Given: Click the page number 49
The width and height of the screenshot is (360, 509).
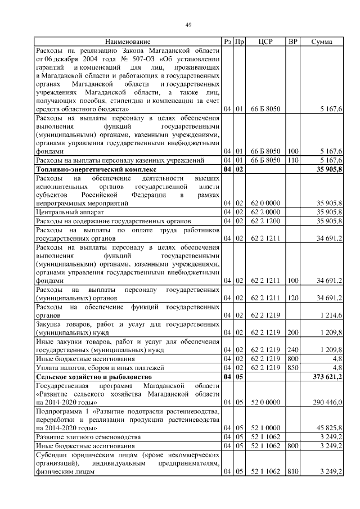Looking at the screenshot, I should click(x=188, y=24).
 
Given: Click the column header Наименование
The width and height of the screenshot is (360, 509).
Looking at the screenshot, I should click(x=127, y=42).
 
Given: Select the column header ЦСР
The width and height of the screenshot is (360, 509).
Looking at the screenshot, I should click(x=265, y=42).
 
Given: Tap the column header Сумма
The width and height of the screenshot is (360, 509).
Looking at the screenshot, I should click(x=321, y=42).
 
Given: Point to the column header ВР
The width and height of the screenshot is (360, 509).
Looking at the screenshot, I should click(x=292, y=42).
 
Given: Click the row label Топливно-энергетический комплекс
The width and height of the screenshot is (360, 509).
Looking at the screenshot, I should click(x=95, y=169).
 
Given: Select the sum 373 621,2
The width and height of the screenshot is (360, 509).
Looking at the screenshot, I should click(x=325, y=377).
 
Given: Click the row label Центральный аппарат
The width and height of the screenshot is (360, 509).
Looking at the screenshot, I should click(x=70, y=212).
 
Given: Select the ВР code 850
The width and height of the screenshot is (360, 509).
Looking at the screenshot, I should click(x=292, y=367).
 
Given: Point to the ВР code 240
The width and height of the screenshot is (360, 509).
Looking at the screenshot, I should click(x=292, y=349).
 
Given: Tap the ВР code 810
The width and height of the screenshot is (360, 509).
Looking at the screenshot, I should click(x=292, y=471).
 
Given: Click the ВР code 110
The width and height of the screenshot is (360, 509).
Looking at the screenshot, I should click(x=292, y=160).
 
